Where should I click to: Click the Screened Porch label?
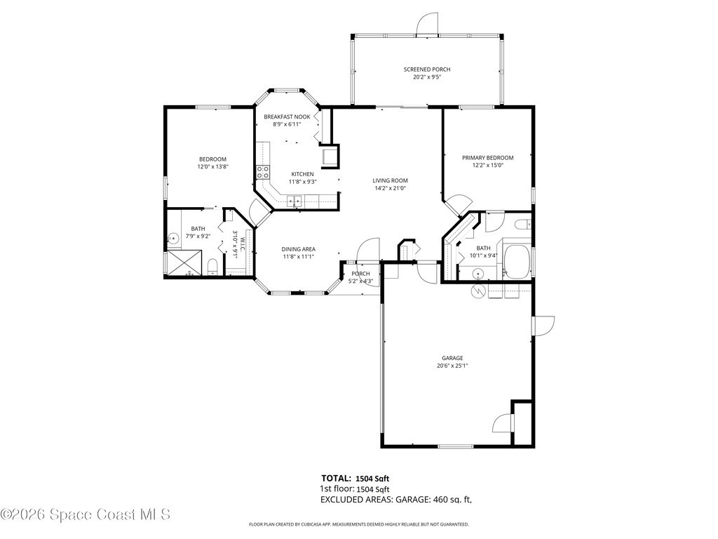tap(427, 69)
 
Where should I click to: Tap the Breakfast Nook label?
tap(287, 117)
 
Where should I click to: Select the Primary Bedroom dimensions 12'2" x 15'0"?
tap(488, 166)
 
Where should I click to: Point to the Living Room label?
tap(390, 180)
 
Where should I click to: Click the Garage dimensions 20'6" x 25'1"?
tap(452, 366)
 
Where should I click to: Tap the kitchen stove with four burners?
tap(263, 173)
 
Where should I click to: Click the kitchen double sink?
tap(295, 200)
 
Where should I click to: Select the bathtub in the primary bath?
tap(517, 261)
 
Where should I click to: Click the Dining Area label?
tap(299, 249)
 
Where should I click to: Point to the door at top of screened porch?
tap(428, 23)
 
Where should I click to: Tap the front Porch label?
tap(361, 274)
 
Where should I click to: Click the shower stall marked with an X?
tap(184, 262)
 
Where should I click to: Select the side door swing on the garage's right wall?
tap(543, 326)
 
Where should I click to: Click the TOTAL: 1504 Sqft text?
tap(355, 479)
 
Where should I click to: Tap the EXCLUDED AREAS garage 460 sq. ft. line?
tap(396, 500)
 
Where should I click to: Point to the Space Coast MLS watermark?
tap(86, 514)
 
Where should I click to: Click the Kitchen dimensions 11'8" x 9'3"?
tap(303, 182)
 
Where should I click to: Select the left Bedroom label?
tap(212, 159)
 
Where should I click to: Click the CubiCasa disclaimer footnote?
tap(358, 524)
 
